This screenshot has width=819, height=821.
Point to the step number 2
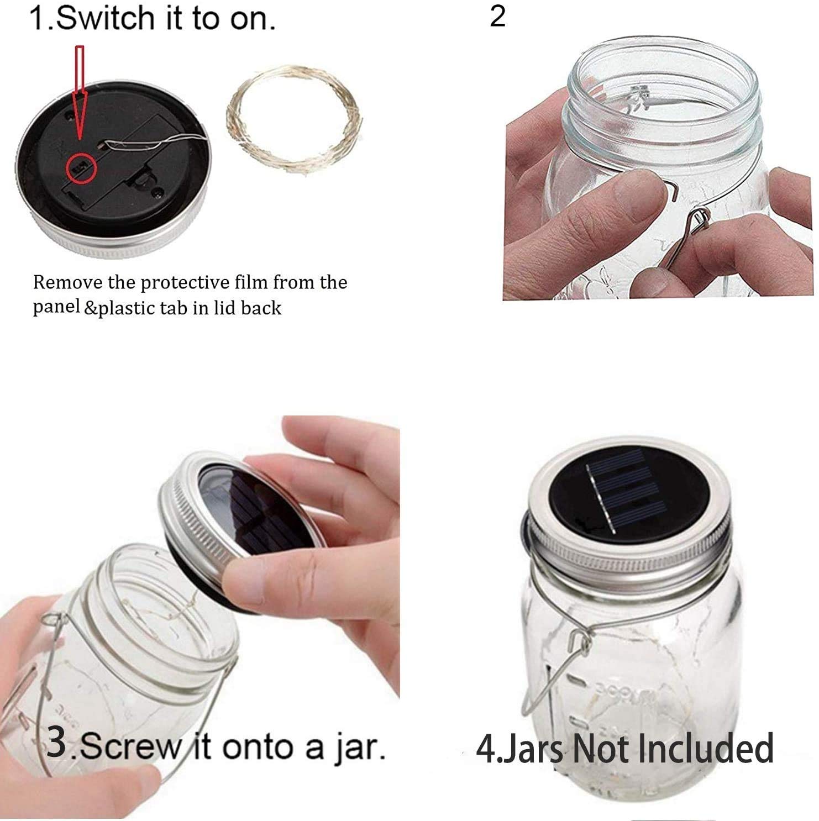(497, 17)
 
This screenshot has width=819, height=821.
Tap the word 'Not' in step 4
(600, 748)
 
